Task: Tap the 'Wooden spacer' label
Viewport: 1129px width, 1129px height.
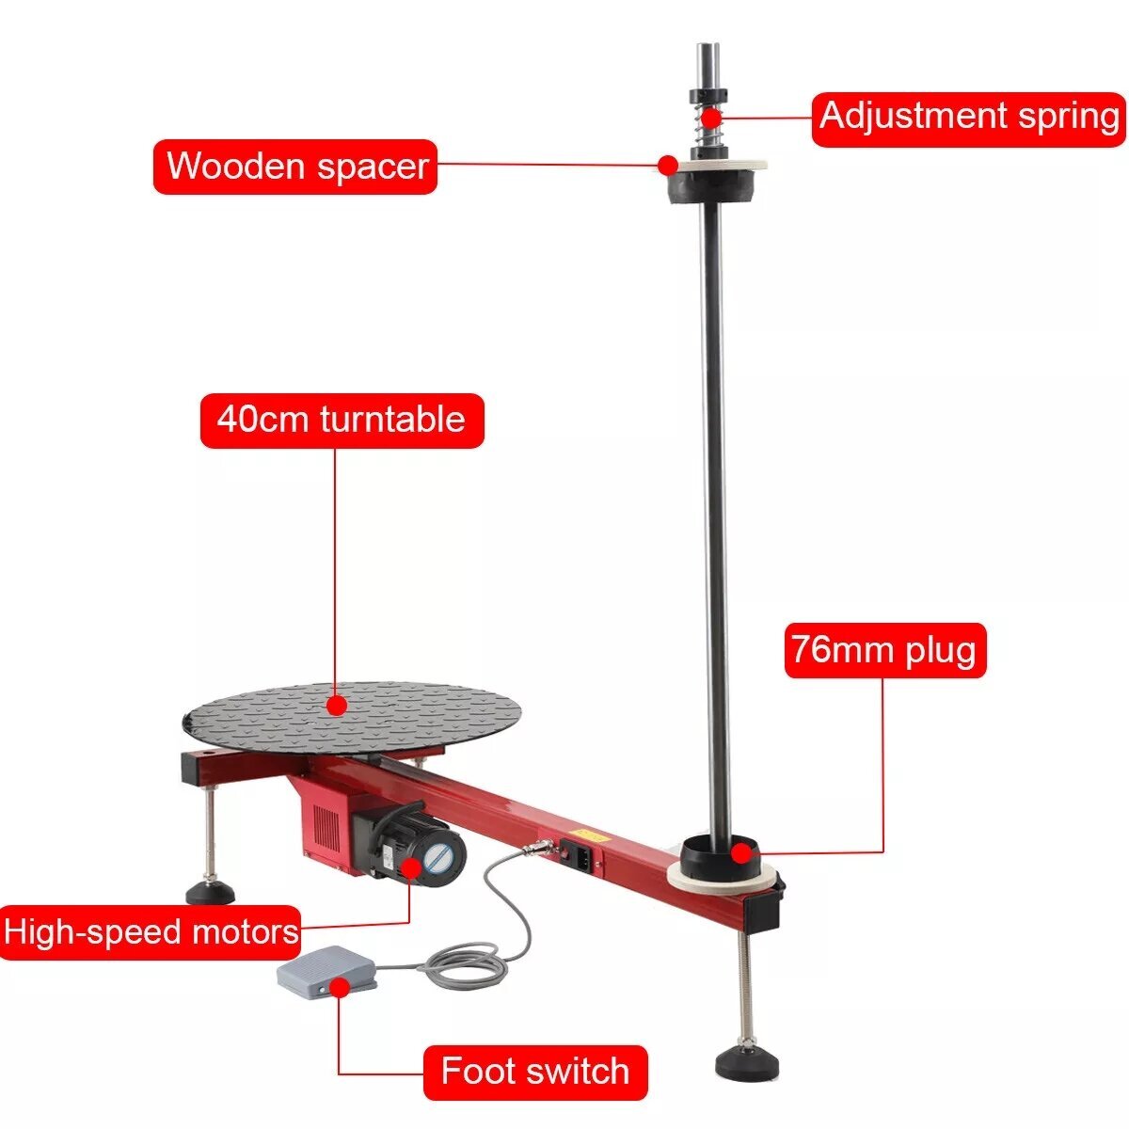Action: [x=295, y=167]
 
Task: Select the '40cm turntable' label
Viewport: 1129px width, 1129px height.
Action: [x=342, y=421]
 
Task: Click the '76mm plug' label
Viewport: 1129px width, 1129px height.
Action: [x=885, y=651]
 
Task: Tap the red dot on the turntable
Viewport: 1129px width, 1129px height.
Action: [x=335, y=705]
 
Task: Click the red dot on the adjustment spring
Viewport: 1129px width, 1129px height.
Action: [x=712, y=118]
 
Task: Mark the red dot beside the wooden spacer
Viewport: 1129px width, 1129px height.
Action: [x=667, y=166]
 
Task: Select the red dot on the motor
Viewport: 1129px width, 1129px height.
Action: [x=412, y=867]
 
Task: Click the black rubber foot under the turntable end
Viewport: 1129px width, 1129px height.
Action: [x=211, y=893]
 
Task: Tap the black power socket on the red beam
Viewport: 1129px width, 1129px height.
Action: [x=577, y=855]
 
